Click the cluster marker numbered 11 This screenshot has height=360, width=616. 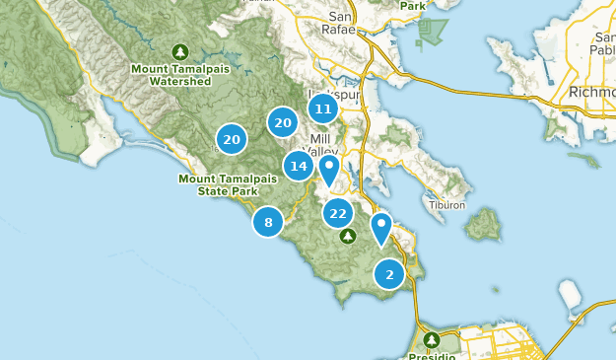[322, 108]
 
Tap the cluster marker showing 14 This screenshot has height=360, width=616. [299, 166]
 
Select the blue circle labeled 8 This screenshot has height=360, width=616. [267, 222]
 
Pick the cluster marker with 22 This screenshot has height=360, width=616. [338, 213]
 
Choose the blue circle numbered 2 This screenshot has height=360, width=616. [389, 274]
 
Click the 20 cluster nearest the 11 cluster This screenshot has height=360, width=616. [283, 122]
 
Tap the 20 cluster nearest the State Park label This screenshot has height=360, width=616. [232, 140]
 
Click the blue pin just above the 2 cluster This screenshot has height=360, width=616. [381, 229]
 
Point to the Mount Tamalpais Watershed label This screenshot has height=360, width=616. [178, 74]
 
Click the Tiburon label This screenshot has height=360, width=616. [445, 205]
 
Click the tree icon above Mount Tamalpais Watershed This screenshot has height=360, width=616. [178, 51]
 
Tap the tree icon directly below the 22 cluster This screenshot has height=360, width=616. [347, 237]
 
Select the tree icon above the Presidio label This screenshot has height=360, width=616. [431, 340]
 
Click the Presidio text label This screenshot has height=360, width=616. [431, 355]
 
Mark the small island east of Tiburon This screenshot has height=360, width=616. [482, 225]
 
